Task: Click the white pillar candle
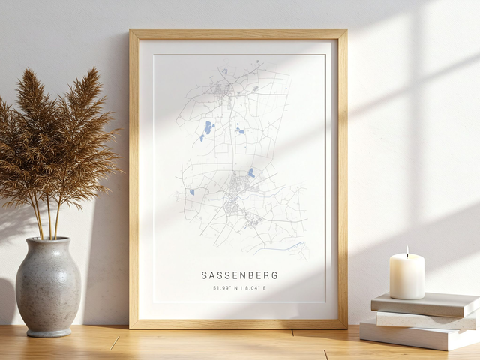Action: tap(406, 277)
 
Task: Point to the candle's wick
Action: tap(407, 250)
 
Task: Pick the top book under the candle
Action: tap(425, 304)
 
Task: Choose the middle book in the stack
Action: tap(425, 319)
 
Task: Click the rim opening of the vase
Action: tap(49, 241)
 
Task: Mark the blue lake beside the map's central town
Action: tap(250, 173)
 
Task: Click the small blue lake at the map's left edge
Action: tap(192, 192)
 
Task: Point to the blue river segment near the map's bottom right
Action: tap(295, 244)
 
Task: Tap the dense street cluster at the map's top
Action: tap(223, 90)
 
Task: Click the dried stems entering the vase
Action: tap(46, 225)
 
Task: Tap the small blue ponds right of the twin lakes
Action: tap(239, 130)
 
